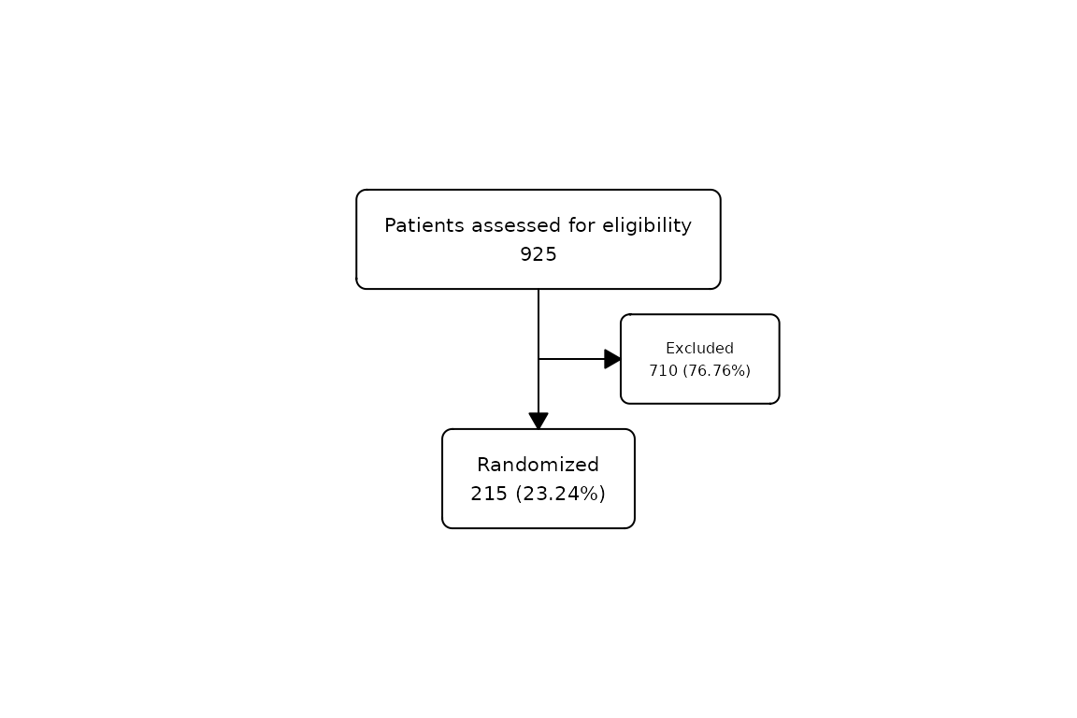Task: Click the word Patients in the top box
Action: tap(424, 225)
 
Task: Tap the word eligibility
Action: tap(647, 226)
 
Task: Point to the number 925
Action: tap(538, 255)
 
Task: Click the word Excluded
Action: tap(700, 349)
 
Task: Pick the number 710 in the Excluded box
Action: tap(664, 371)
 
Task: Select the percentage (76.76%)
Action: tap(716, 371)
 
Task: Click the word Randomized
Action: tap(538, 466)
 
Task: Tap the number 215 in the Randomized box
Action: tap(489, 494)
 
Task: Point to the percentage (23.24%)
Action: tap(561, 494)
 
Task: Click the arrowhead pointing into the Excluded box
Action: tap(612, 359)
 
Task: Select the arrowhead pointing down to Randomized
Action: tap(538, 421)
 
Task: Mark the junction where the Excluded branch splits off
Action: tap(538, 359)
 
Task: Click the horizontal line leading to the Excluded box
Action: tap(571, 359)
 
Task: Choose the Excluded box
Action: tap(700, 359)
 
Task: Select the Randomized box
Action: tap(538, 479)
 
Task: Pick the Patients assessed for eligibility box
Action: tap(538, 239)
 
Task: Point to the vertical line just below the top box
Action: tap(538, 323)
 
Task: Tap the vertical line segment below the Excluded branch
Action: tap(538, 385)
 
